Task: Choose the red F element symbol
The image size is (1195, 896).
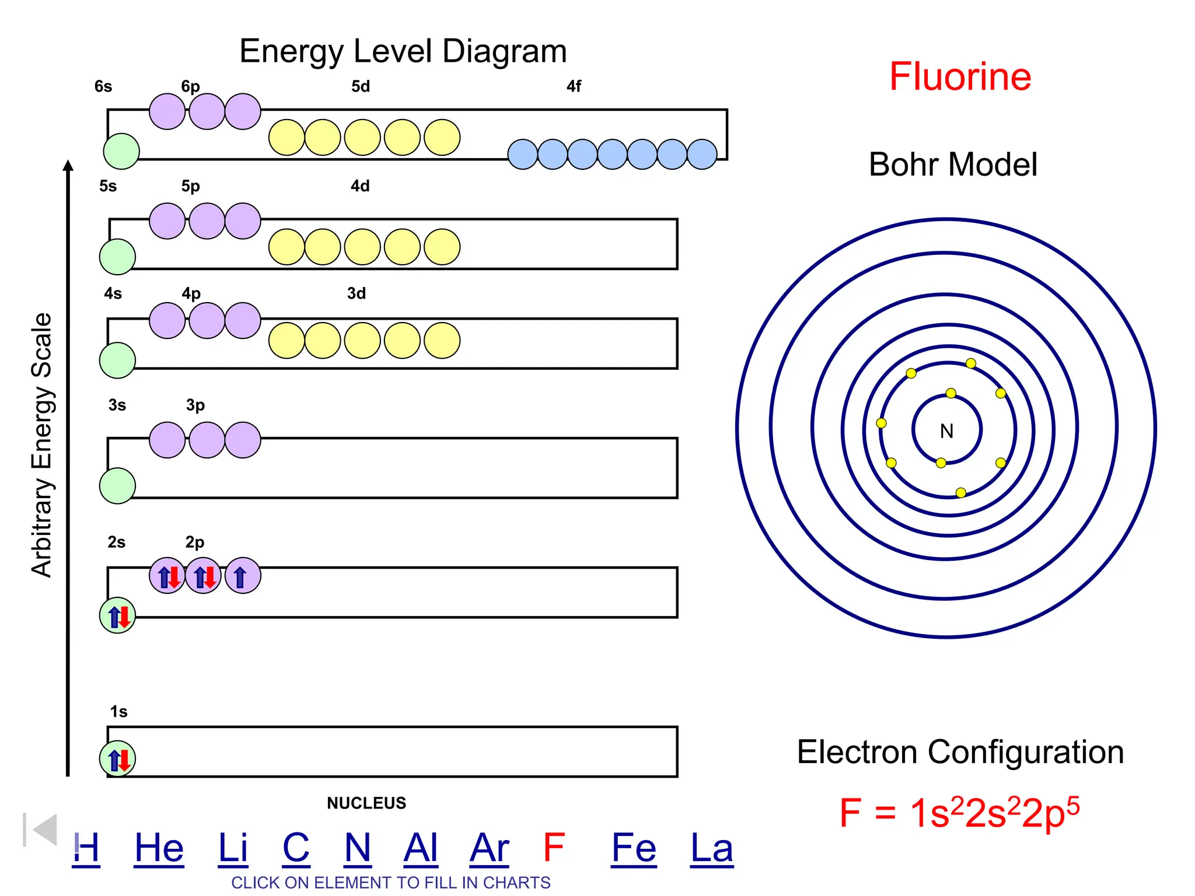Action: [x=553, y=847]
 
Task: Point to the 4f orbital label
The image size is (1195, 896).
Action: [x=574, y=87]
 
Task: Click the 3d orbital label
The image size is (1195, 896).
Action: [x=357, y=293]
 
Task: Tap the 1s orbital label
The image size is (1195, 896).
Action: [x=118, y=712]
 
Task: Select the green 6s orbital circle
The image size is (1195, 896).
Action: [x=121, y=151]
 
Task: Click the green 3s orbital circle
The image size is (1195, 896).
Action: [x=117, y=486]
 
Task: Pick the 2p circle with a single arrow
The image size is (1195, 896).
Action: [x=243, y=576]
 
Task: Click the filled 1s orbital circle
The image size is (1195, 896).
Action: [x=117, y=759]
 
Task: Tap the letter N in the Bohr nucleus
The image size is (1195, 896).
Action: [x=946, y=431]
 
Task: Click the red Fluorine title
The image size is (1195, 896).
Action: [x=960, y=76]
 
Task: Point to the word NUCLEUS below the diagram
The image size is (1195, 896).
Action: [x=366, y=803]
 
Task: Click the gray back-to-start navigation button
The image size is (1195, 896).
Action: [x=40, y=829]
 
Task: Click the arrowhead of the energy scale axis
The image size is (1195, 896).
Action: [x=68, y=166]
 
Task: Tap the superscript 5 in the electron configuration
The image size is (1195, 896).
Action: [x=1073, y=804]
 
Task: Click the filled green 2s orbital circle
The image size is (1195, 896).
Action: [x=117, y=615]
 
